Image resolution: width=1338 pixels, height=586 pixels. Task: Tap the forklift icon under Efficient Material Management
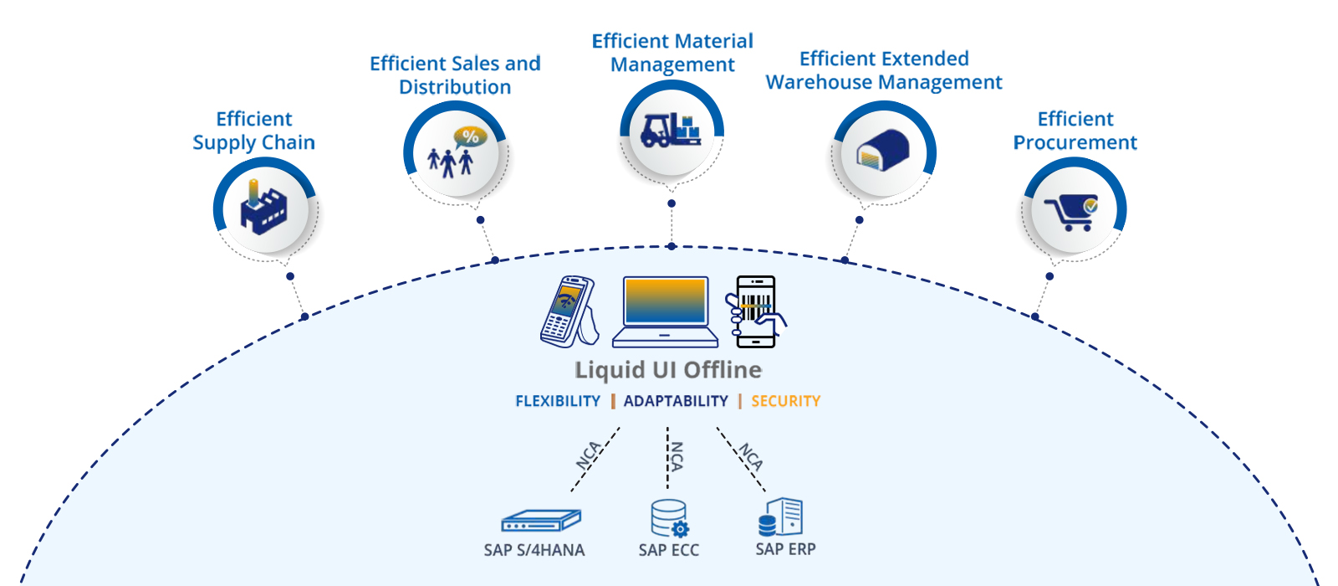(x=670, y=131)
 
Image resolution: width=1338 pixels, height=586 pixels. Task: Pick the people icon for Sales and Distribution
(x=450, y=162)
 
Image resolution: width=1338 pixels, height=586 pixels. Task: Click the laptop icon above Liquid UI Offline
(x=665, y=311)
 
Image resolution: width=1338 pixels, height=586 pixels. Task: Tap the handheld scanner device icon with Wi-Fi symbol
(x=569, y=311)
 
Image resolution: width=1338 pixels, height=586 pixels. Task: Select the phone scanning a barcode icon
(x=756, y=311)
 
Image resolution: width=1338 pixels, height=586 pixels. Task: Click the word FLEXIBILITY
(x=558, y=401)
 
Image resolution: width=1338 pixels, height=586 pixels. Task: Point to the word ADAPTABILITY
(x=676, y=401)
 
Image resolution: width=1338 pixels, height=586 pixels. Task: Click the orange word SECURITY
(x=785, y=401)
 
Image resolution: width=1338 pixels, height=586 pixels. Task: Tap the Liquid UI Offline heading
(x=668, y=370)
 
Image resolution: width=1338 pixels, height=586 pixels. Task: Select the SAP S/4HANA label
(x=534, y=550)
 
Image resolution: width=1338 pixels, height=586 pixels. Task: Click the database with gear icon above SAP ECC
(x=669, y=518)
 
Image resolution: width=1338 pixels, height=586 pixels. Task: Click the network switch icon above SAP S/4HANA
(x=540, y=521)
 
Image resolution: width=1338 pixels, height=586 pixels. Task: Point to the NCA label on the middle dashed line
(x=677, y=456)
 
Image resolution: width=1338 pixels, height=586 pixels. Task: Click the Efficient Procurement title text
(x=1075, y=131)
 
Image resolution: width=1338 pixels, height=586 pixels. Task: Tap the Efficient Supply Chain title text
(x=253, y=131)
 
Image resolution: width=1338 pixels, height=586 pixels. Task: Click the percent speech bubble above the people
(x=470, y=136)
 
